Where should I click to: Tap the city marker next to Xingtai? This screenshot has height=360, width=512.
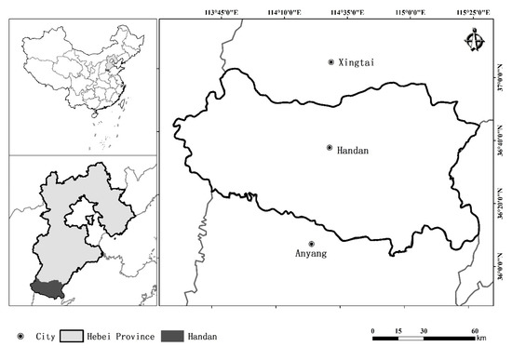click(330, 62)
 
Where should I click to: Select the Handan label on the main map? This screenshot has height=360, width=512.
click(353, 148)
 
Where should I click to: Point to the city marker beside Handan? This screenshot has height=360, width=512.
click(330, 148)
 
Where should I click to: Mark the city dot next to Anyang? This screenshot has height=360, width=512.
click(312, 245)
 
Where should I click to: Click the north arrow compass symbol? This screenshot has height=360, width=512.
click(476, 40)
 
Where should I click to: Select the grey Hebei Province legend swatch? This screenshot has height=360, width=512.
click(72, 335)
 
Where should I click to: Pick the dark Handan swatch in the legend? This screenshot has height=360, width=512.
click(172, 335)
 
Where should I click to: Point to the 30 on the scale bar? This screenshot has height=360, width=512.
click(424, 330)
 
